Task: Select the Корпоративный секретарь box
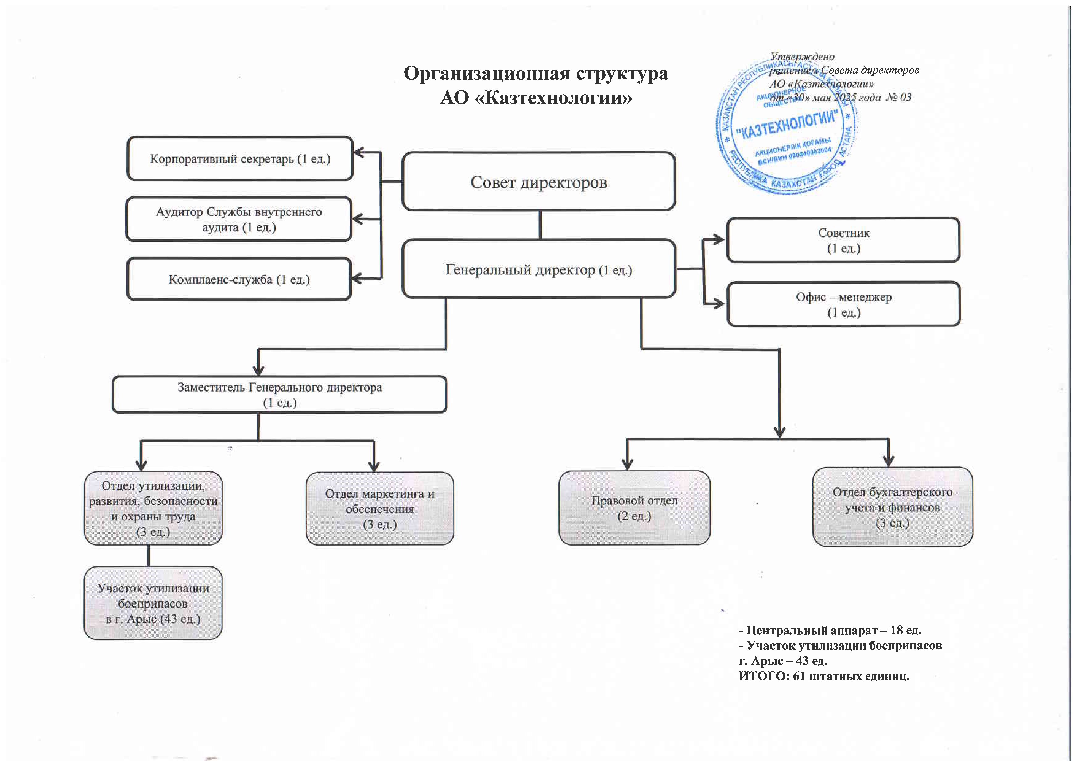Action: [240, 158]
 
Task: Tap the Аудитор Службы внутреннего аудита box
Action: [239, 219]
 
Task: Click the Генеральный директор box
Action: [538, 269]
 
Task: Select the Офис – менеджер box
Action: [843, 304]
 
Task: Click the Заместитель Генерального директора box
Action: [280, 394]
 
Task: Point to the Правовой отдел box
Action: [634, 508]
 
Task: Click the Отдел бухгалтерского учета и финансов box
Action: [892, 507]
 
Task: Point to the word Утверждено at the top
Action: [802, 57]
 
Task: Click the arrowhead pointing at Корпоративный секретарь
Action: [359, 153]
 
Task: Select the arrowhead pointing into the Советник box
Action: [719, 240]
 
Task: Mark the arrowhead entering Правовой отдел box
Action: [627, 465]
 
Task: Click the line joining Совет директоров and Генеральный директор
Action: [540, 225]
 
